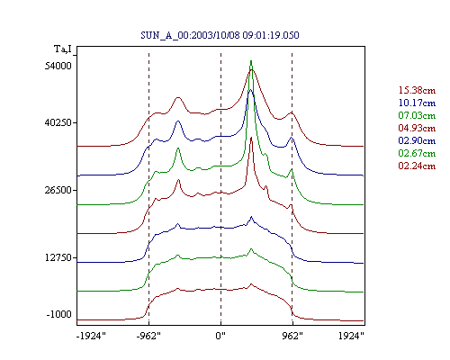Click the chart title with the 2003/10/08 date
click(x=220, y=35)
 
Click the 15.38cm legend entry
click(x=417, y=90)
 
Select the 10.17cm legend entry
click(x=417, y=103)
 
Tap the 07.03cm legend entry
click(x=417, y=115)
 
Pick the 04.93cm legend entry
click(x=417, y=128)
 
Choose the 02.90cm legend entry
click(x=417, y=140)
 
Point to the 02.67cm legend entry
click(x=417, y=153)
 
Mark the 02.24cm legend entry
click(x=417, y=166)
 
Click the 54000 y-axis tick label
click(x=58, y=66)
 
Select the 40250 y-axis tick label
click(x=58, y=122)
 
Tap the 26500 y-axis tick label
click(x=58, y=190)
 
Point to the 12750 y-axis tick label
click(x=58, y=257)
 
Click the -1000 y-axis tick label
click(x=59, y=314)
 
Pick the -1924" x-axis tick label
click(x=91, y=336)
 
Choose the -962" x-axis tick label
click(x=148, y=336)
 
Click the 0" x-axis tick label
click(x=220, y=336)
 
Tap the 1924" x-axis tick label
click(x=351, y=336)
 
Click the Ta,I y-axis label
click(x=63, y=49)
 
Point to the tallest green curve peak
click(x=251, y=61)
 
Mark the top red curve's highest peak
click(x=252, y=70)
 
